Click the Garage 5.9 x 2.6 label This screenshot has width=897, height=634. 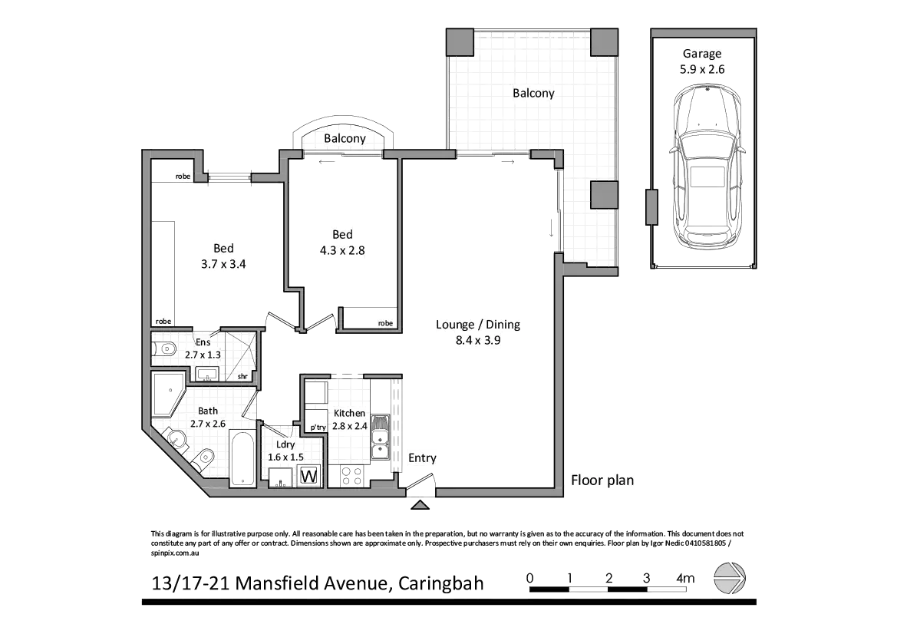click(701, 61)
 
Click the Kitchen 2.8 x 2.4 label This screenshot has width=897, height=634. click(349, 420)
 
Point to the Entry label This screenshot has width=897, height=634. click(422, 458)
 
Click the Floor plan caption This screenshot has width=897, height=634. click(603, 481)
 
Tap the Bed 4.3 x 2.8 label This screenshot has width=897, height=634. click(342, 242)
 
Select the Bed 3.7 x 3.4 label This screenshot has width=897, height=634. click(223, 256)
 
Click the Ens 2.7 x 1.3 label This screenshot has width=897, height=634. click(203, 348)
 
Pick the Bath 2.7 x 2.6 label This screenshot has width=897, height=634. click(207, 417)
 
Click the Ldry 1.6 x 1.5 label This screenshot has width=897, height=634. click(285, 451)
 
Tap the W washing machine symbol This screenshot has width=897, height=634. click(310, 477)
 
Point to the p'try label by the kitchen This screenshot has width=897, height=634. click(318, 428)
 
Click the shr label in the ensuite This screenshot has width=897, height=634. click(242, 376)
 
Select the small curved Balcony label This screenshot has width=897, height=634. click(344, 138)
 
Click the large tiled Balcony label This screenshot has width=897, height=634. click(533, 94)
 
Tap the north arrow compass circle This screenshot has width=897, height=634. click(730, 578)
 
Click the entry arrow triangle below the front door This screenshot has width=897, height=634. click(419, 504)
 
